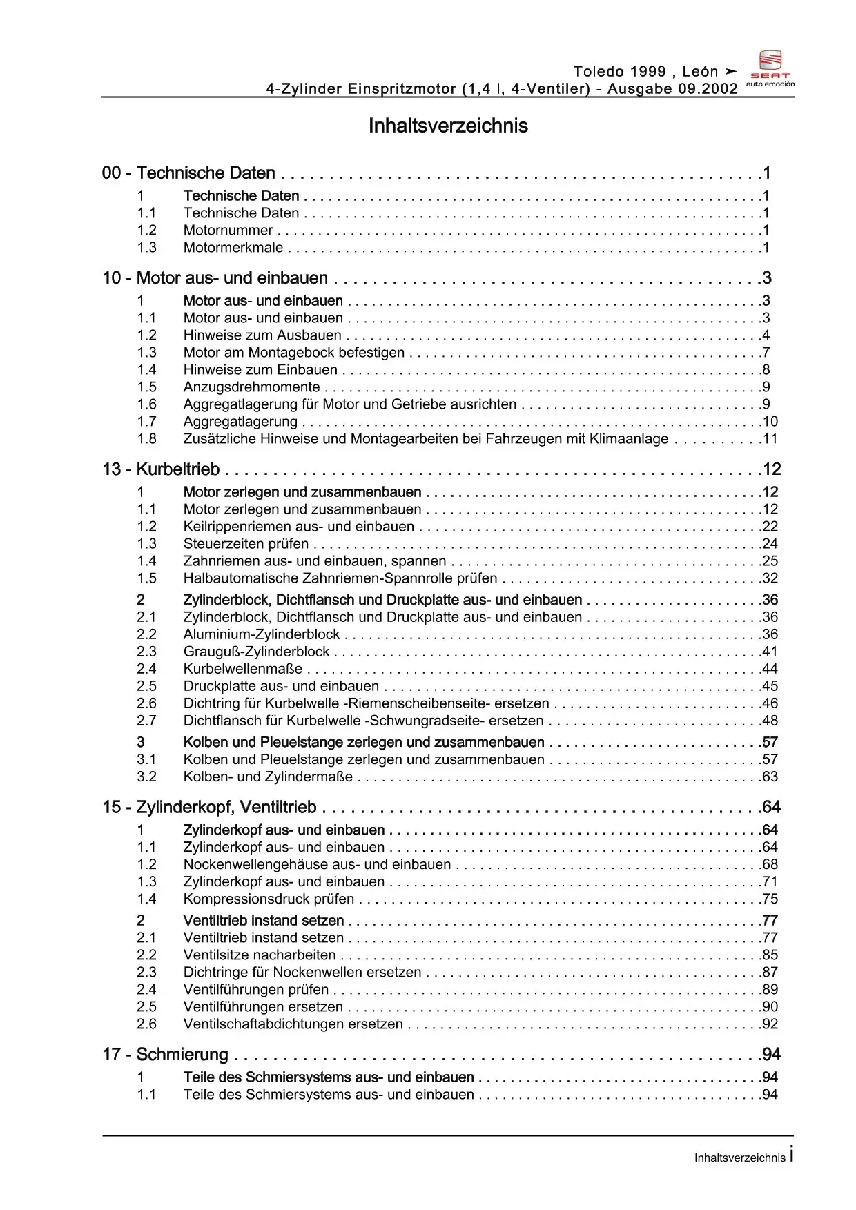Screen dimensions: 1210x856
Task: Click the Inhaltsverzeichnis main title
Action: click(448, 126)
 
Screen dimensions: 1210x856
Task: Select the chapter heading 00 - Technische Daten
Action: click(188, 173)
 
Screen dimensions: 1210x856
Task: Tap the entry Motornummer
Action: click(228, 231)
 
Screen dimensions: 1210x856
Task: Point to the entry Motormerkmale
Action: click(233, 248)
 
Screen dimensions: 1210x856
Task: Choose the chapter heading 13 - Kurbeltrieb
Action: click(161, 469)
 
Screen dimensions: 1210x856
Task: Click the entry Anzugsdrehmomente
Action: click(251, 387)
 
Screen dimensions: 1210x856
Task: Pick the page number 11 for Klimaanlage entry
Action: click(770, 439)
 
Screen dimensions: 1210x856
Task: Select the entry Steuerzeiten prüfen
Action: click(246, 544)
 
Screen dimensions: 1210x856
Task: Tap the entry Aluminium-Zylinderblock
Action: click(262, 634)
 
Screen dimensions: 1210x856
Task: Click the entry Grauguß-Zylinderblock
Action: click(256, 652)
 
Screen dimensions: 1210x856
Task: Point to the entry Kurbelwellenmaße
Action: click(243, 669)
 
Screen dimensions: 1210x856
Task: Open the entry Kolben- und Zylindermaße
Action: click(268, 777)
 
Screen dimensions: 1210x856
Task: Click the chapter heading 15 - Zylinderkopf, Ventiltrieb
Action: click(209, 808)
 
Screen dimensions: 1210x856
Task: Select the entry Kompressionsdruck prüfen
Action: click(269, 899)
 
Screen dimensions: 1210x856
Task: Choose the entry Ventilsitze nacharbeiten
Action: click(260, 955)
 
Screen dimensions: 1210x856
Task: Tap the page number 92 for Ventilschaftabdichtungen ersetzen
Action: click(770, 1024)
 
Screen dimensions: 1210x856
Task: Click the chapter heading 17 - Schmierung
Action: click(165, 1055)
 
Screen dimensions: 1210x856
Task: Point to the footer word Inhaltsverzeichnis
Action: click(739, 1158)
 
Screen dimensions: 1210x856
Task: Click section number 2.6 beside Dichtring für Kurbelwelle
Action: click(146, 703)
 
